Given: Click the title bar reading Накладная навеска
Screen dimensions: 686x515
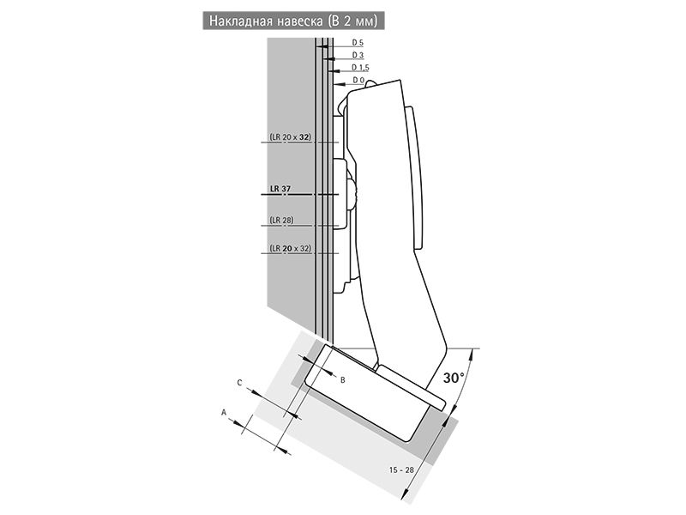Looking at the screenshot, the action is click(x=293, y=21).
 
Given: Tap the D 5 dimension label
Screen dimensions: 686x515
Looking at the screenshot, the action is click(x=358, y=42).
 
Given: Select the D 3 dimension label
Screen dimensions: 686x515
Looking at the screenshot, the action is click(x=358, y=55).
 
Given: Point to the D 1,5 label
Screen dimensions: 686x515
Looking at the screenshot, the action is click(x=360, y=68).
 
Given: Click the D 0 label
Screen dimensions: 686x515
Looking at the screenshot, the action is click(x=358, y=80).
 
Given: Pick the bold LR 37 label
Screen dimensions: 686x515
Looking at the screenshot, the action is click(x=280, y=189).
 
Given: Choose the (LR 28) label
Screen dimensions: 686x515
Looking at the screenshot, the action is click(x=281, y=220).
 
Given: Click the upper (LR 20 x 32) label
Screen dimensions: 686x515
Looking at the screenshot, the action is click(x=290, y=136).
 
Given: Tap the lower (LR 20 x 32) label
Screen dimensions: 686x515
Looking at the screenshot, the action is click(x=290, y=248).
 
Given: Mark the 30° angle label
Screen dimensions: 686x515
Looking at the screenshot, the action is click(x=454, y=378).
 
